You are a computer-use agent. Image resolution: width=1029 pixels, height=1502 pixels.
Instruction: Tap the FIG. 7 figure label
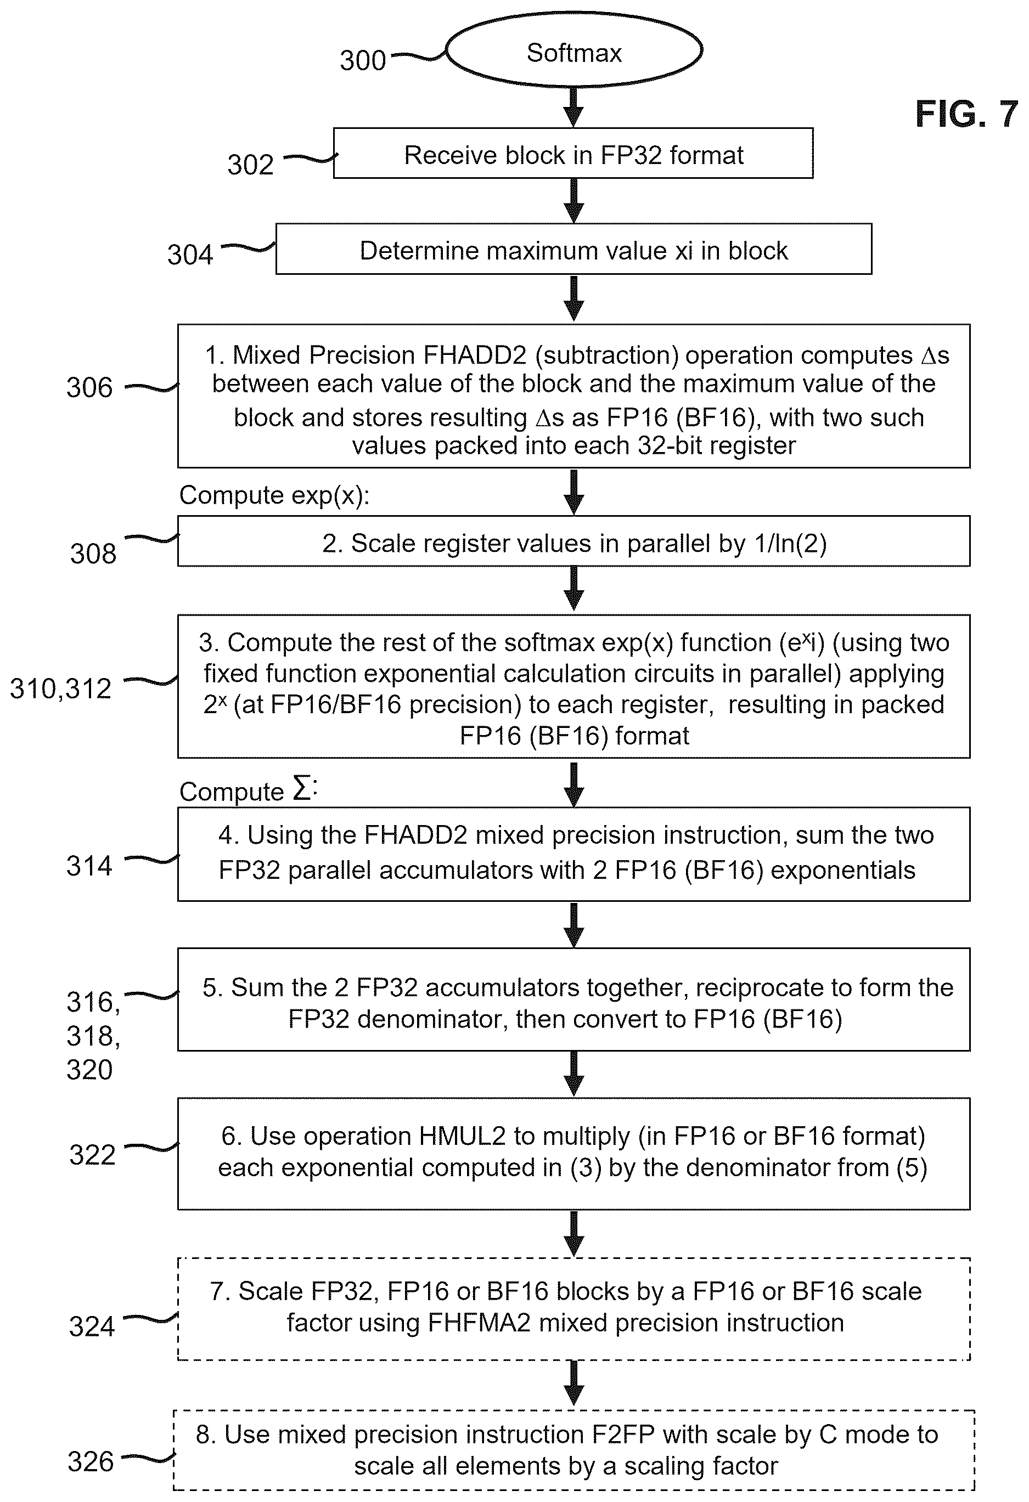[966, 115]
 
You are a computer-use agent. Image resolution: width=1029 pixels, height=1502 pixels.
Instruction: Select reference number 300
[363, 61]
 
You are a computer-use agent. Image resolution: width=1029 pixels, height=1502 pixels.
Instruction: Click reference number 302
[250, 165]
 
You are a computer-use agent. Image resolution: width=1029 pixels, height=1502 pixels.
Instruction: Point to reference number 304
[190, 255]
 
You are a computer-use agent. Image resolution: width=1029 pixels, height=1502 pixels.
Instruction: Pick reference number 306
[89, 388]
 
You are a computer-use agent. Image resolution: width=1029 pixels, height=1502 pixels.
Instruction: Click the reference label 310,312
[61, 689]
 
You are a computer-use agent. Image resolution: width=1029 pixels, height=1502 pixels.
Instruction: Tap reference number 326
[91, 1462]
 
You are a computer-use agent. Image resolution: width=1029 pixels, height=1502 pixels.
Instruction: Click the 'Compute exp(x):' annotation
[274, 495]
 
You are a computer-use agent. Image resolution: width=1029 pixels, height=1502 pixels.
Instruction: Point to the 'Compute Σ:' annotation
[249, 790]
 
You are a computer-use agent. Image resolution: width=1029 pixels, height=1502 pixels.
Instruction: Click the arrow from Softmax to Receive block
[573, 108]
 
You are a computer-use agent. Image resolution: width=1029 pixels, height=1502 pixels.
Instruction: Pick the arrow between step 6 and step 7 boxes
[573, 1234]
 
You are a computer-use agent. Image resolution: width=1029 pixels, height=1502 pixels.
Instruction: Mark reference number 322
[93, 1155]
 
